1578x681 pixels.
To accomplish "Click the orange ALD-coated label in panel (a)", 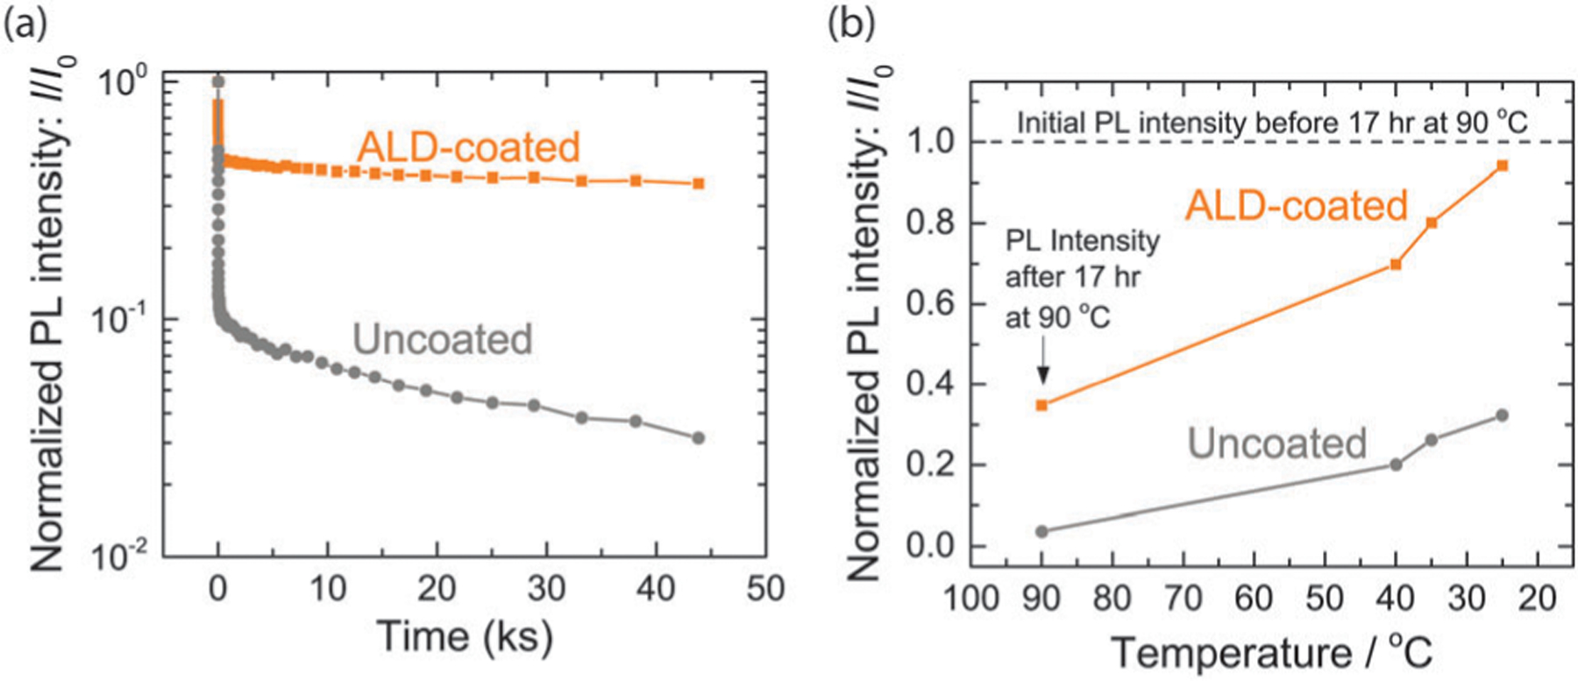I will point(468,146).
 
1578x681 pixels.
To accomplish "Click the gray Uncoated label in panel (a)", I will point(443,339).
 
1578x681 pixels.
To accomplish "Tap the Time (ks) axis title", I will point(465,635).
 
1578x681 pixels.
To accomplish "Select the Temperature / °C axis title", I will point(1271,653).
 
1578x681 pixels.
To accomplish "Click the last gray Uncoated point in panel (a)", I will point(698,437).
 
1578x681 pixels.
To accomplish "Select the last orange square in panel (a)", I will point(699,183).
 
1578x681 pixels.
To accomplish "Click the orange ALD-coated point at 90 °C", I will point(1042,405).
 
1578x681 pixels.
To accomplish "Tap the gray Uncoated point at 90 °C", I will point(1042,531).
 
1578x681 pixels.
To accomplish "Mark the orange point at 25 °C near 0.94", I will point(1502,165).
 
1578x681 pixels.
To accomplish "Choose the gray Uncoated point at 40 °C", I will point(1396,465).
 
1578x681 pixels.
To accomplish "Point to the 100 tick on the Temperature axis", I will point(970,598).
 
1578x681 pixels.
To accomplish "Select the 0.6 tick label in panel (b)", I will point(930,304).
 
